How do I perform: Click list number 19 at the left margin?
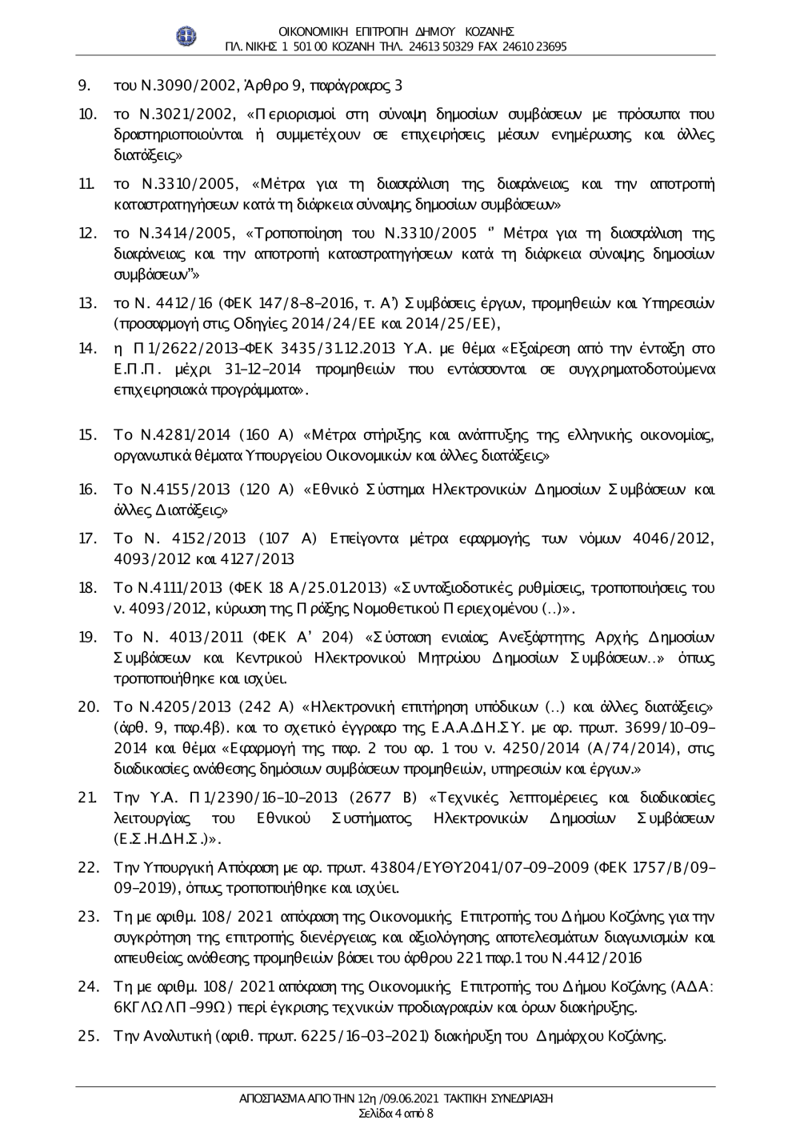(x=86, y=638)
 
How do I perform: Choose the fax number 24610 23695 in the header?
(x=535, y=46)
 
